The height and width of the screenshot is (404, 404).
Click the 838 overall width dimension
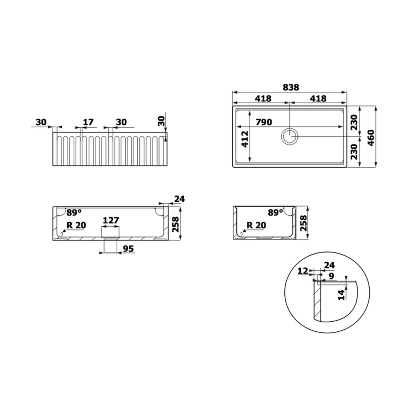click(291, 87)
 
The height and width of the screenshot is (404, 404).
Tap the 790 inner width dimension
click(263, 122)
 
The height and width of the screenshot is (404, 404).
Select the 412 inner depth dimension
click(245, 139)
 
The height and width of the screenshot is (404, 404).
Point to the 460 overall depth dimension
click(370, 138)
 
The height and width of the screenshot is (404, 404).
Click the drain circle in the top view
click(290, 136)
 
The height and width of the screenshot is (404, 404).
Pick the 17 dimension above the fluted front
click(88, 122)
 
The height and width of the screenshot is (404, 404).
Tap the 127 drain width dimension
click(111, 220)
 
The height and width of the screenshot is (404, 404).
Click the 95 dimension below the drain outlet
click(128, 248)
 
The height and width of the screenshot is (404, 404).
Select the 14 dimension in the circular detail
click(341, 295)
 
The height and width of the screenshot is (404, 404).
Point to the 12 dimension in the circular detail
click(303, 271)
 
